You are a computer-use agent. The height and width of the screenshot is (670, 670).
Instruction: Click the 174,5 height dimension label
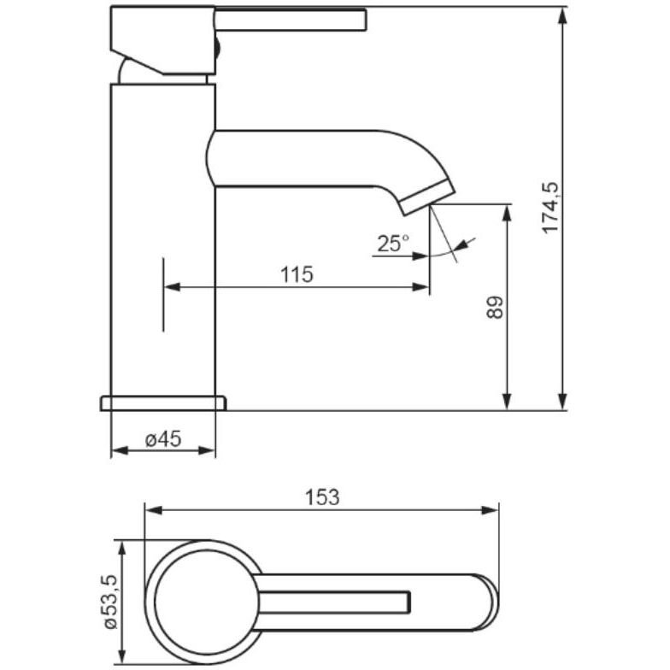click(x=550, y=207)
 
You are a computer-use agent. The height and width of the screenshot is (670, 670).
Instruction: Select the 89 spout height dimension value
click(x=496, y=307)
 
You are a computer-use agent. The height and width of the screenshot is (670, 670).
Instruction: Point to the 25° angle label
click(x=393, y=244)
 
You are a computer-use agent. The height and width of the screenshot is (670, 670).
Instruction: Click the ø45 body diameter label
click(x=163, y=439)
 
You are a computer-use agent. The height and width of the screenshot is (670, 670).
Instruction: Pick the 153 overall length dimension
click(x=322, y=497)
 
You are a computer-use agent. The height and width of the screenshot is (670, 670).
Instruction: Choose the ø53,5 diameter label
click(x=110, y=602)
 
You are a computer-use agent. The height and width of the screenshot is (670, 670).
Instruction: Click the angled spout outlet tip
click(x=426, y=197)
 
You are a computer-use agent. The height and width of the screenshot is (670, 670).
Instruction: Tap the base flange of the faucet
click(x=163, y=403)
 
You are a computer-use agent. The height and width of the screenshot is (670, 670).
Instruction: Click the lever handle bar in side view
click(x=291, y=20)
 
